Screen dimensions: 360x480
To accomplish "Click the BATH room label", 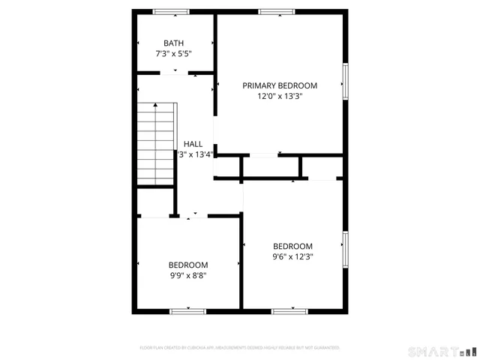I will coord(173,43).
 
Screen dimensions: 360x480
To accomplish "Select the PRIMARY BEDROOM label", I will coord(280,85).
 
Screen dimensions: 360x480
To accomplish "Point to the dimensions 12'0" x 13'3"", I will coord(280,96).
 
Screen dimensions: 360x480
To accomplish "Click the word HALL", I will coord(193,144).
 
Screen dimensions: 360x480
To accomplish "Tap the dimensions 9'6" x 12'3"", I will coord(292,256).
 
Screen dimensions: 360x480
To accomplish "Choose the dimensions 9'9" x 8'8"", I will coord(187,275).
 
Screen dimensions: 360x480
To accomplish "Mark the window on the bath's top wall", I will coord(171,11).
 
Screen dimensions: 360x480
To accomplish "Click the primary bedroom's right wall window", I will coord(346,81).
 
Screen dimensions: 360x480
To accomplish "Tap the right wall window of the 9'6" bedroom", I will coord(346,250).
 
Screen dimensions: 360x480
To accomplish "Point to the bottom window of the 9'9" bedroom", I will coord(187,310).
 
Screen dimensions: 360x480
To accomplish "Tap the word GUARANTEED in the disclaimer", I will coord(325,348).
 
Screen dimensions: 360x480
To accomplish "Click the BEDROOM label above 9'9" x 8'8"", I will coord(187,265).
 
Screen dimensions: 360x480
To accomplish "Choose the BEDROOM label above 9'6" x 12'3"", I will coord(292,246).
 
